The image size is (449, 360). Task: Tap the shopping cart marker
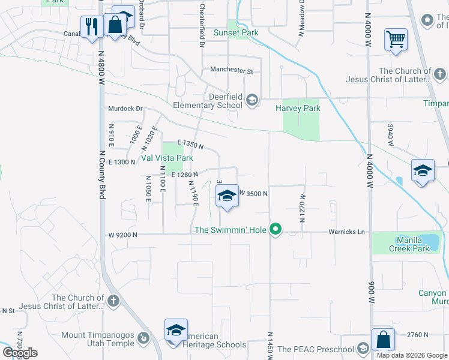(x=396, y=40)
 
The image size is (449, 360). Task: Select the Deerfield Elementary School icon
(x=252, y=100)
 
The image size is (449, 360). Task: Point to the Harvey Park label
(x=298, y=109)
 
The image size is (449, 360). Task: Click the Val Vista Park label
(x=167, y=158)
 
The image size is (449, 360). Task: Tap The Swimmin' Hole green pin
(x=276, y=229)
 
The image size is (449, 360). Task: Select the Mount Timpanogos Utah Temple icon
(x=143, y=338)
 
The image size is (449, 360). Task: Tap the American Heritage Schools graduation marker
(x=175, y=331)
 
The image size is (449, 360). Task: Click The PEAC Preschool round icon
(x=362, y=349)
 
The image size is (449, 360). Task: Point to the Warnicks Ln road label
(x=346, y=232)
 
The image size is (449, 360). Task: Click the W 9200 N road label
(x=123, y=235)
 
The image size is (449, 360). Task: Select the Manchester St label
(x=232, y=70)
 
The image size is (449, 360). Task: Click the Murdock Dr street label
(x=125, y=109)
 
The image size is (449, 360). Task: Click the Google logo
(x=20, y=353)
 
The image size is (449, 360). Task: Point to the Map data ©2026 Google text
(x=411, y=355)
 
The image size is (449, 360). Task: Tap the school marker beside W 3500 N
(x=226, y=196)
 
